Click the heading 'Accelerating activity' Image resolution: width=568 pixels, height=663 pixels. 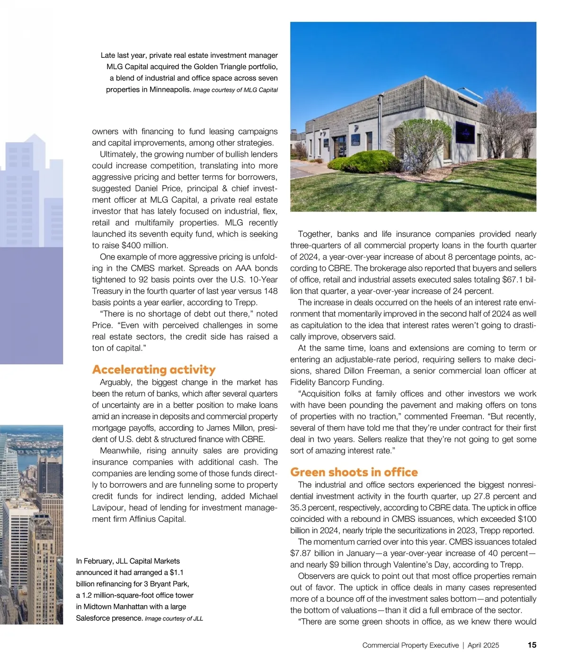[x=154, y=369]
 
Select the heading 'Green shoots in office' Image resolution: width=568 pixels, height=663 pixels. [x=354, y=472]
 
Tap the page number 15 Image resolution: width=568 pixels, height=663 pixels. [x=532, y=645]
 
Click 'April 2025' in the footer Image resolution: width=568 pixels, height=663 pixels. [x=484, y=645]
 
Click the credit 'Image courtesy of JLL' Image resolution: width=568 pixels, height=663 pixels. [x=174, y=618]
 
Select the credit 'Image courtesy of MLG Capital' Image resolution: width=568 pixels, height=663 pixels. [x=235, y=90]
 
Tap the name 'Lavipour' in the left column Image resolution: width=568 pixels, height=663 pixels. [x=107, y=508]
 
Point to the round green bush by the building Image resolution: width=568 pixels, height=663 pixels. [x=359, y=162]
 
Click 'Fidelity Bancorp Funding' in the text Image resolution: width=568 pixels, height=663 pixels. [x=337, y=382]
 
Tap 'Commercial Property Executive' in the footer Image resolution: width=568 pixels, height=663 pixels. [x=410, y=645]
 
